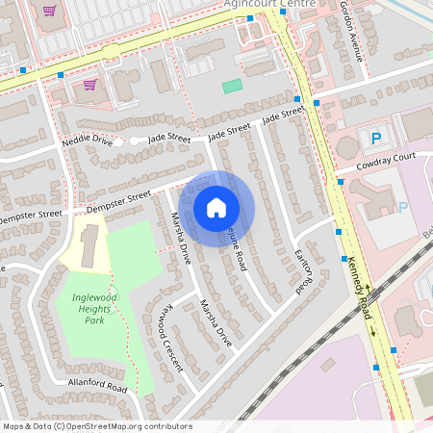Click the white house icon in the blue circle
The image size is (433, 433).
pyautogui.click(x=216, y=207)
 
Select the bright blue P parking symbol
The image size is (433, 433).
pyautogui.click(x=375, y=139)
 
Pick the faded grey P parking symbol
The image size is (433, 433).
pyautogui.click(x=403, y=207)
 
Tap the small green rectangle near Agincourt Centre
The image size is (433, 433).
pyautogui.click(x=232, y=86)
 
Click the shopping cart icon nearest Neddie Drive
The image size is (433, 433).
pyautogui.click(x=89, y=85)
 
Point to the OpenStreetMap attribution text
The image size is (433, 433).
pyautogui.click(x=96, y=426)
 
